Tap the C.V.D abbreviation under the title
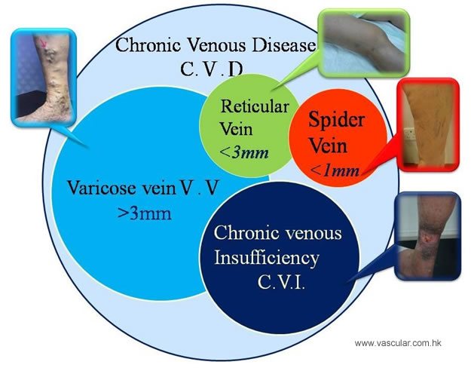click(x=212, y=69)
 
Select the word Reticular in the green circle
click(x=255, y=106)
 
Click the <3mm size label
click(x=244, y=152)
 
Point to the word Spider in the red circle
click(x=336, y=120)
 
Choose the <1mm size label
click(x=335, y=170)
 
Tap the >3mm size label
click(x=145, y=213)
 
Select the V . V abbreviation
click(x=199, y=188)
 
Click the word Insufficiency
click(x=267, y=258)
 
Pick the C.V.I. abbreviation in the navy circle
click(x=281, y=282)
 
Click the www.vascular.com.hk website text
click(x=398, y=343)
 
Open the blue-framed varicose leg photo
click(x=44, y=77)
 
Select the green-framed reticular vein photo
click(x=364, y=43)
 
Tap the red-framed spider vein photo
click(x=428, y=124)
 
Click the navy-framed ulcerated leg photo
click(x=428, y=236)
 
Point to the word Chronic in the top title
click(x=148, y=45)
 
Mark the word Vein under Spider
click(x=328, y=146)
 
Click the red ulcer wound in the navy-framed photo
click(x=427, y=239)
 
